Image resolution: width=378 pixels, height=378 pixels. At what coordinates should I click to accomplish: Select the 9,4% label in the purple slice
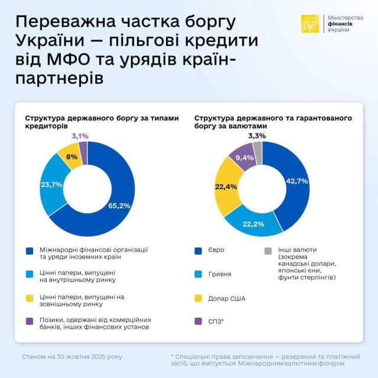(245, 158)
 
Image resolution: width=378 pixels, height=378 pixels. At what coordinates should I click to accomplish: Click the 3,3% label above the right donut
(256, 136)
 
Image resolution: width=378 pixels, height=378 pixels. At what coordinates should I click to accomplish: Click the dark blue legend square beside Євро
(198, 250)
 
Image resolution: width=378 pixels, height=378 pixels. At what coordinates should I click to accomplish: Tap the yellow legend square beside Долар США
(198, 298)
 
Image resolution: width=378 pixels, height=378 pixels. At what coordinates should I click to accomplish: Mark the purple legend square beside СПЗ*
(198, 321)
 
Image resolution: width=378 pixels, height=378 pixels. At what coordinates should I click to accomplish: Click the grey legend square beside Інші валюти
(267, 250)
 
